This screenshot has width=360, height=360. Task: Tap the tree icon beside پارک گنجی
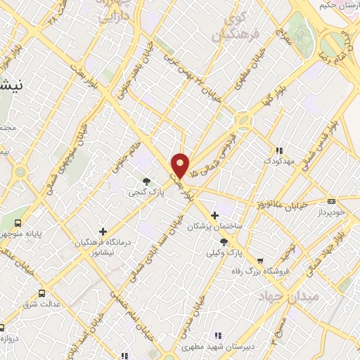point(146,181)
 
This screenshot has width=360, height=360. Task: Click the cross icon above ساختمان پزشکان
point(215,215)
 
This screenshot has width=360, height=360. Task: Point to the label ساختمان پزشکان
point(214,226)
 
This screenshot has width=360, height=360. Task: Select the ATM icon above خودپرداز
point(331,201)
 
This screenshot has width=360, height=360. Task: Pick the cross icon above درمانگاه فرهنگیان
point(103,231)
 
